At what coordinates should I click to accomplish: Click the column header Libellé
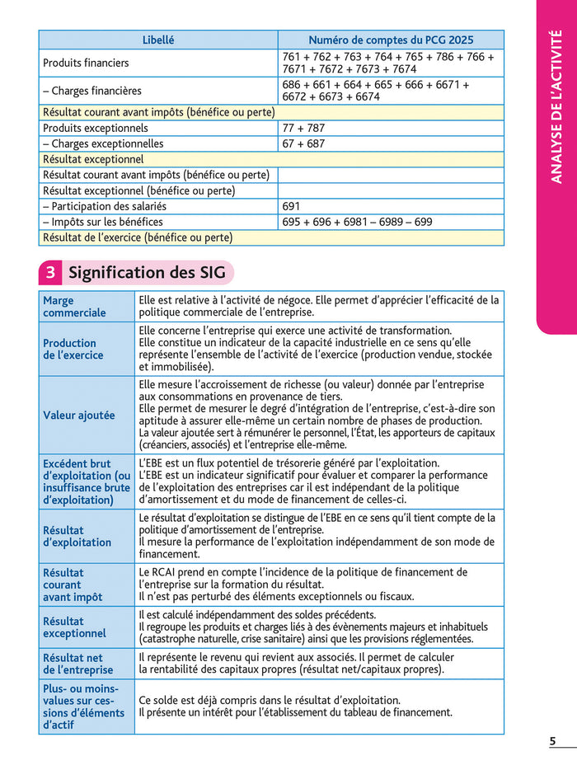pos(158,40)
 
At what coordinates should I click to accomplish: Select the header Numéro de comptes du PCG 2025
pos(391,40)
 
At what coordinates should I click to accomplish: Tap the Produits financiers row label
pos(86,63)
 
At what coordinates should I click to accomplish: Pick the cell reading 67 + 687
pos(303,143)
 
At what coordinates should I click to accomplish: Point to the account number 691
pos(291,206)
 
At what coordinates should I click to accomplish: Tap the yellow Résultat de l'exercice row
pos(138,237)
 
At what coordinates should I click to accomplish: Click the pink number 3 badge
pos(49,272)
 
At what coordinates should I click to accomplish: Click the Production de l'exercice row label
pos(73,349)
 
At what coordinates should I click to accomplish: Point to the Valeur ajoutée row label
pos(79,416)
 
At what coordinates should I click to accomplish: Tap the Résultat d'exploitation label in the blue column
pos(77,537)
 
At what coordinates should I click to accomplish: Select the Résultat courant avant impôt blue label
pos(73,585)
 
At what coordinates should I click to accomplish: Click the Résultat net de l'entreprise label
pos(77,664)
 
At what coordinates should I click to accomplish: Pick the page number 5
pos(552,741)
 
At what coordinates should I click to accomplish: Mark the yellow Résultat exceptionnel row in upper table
pos(93,159)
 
